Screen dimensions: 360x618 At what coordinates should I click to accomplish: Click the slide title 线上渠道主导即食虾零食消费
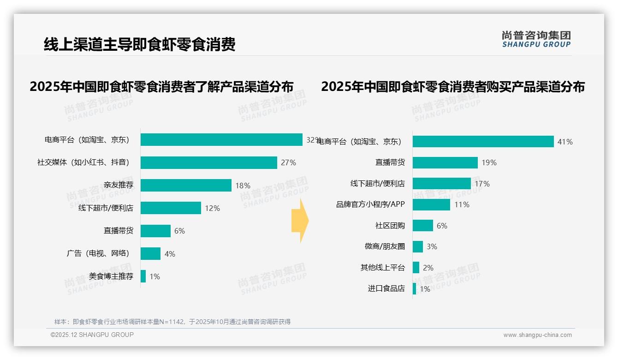(x=139, y=44)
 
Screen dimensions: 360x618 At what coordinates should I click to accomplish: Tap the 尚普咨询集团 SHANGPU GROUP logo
(x=536, y=39)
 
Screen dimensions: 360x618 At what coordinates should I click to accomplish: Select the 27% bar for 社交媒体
(x=208, y=162)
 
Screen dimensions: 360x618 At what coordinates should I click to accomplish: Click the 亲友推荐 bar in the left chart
(x=186, y=185)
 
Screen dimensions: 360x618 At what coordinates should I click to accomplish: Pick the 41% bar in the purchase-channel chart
(x=483, y=142)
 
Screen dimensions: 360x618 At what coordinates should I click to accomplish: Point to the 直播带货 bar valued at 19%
(x=445, y=162)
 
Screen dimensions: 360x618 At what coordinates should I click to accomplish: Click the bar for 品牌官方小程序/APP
(x=431, y=204)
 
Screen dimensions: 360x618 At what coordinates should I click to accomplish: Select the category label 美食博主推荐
(x=111, y=276)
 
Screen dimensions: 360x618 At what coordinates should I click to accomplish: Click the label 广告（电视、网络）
(x=98, y=253)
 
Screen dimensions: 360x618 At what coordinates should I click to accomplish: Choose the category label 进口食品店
(x=386, y=288)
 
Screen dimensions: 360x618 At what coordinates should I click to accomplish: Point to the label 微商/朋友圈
(x=385, y=246)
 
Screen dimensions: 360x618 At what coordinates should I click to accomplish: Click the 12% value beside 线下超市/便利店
(x=212, y=208)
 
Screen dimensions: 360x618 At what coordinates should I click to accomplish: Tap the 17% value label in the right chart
(x=482, y=184)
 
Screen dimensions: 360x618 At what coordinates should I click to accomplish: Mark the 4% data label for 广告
(x=170, y=254)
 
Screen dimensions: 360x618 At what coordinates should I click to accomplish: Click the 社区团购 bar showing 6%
(x=422, y=225)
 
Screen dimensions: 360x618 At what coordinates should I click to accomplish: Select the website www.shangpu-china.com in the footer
(x=537, y=335)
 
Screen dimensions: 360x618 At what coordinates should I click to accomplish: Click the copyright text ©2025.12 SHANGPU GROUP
(x=92, y=335)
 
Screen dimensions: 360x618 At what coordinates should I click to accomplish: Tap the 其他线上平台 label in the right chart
(x=382, y=268)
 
